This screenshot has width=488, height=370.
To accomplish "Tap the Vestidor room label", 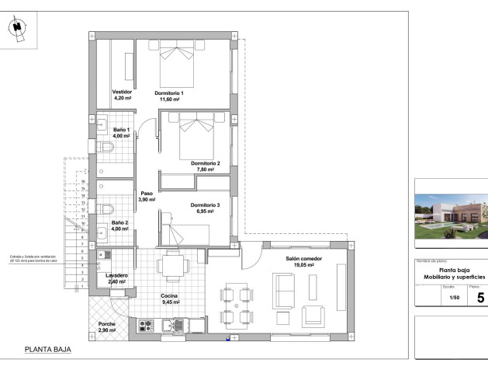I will point(123,92).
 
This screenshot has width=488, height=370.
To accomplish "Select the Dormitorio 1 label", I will point(169,92).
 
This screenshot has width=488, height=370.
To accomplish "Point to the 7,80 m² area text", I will point(206,169).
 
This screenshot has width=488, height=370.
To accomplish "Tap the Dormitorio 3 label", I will point(205,204).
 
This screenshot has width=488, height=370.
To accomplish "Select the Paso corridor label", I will point(147,194).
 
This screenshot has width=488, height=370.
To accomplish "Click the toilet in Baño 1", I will point(108,147).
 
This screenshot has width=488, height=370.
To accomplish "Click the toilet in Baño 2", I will point(108,208).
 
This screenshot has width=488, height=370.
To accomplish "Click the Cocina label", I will point(171,296).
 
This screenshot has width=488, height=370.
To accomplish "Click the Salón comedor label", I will point(303,258).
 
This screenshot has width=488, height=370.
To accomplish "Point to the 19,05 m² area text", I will point(303,265).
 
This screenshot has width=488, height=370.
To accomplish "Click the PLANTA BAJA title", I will point(47,351).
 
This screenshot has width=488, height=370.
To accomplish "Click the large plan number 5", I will point(480,297).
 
